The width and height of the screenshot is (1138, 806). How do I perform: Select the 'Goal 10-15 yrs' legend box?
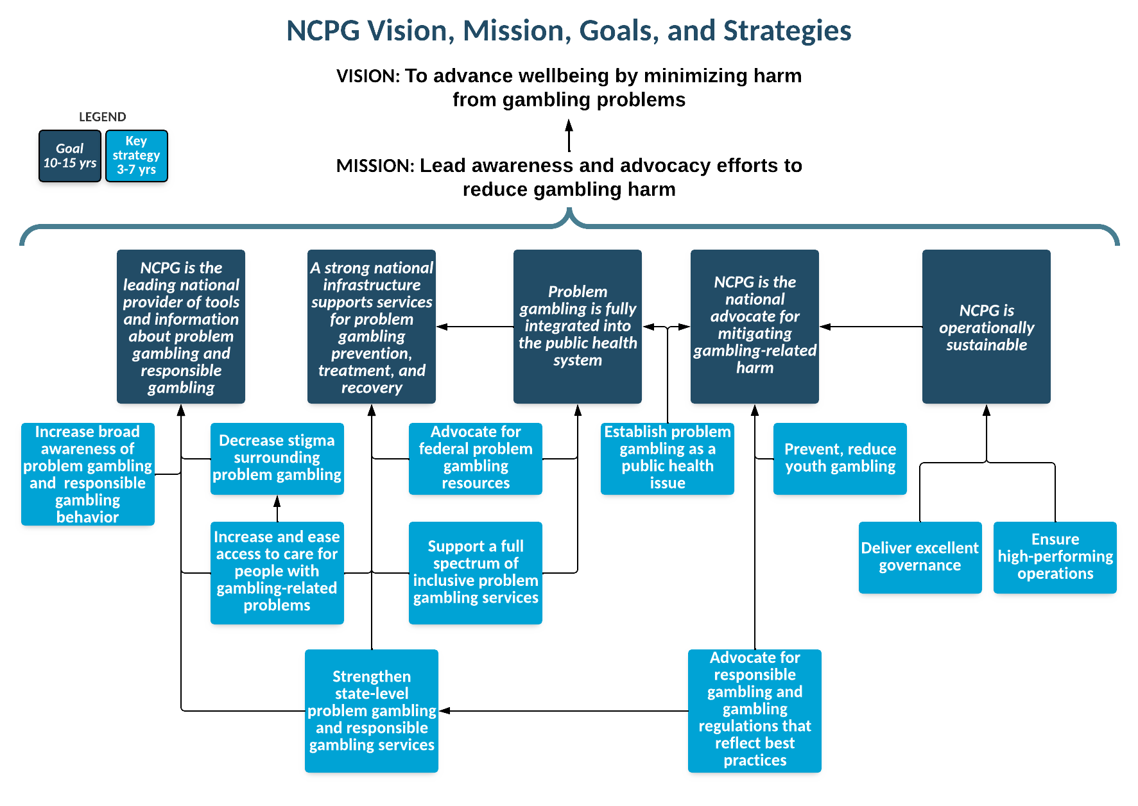(x=69, y=156)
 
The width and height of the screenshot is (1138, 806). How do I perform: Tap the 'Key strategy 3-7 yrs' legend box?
(x=136, y=156)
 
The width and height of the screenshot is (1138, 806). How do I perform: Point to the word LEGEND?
(x=103, y=116)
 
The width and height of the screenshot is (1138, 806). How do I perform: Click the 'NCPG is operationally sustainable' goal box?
(x=986, y=327)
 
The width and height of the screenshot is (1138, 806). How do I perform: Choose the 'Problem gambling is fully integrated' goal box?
(x=578, y=326)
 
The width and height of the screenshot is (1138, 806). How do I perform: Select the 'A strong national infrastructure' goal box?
(x=372, y=327)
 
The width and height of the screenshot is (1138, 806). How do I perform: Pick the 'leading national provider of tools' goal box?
(x=181, y=327)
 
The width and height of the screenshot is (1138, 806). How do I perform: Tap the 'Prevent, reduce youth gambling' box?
(x=840, y=458)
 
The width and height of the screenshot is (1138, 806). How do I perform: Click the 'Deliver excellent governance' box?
(x=920, y=557)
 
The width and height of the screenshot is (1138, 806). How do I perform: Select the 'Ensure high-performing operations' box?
(x=1055, y=557)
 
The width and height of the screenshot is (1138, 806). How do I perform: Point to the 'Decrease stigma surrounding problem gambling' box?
(x=277, y=458)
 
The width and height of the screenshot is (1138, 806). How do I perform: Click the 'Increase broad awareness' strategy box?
(x=87, y=475)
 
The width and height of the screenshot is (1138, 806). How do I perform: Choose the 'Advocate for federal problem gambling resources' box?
(x=476, y=458)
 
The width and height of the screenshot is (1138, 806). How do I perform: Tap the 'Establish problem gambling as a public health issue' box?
(x=668, y=458)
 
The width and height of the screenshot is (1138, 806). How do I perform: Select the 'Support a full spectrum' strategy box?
(x=476, y=572)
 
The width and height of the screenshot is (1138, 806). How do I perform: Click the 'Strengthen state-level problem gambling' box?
(x=372, y=711)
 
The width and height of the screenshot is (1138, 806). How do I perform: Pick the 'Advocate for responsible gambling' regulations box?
(x=755, y=709)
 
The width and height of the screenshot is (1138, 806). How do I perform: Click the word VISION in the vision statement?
(x=368, y=76)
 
